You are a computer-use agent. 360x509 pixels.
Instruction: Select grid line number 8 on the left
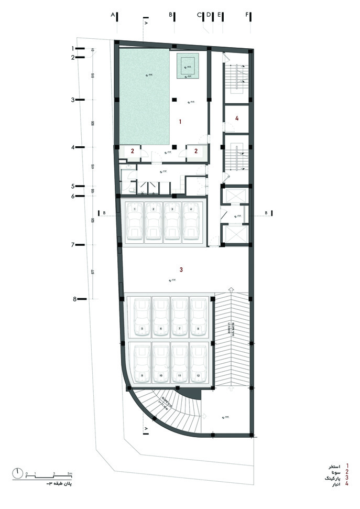click(75, 299)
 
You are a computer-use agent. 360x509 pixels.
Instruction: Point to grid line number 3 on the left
click(74, 99)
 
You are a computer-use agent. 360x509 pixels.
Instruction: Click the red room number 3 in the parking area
click(181, 270)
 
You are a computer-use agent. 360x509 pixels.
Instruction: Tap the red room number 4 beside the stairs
click(237, 119)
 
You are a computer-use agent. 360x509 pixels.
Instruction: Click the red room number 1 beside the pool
click(180, 122)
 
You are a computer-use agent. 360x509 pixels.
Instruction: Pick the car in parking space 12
click(198, 365)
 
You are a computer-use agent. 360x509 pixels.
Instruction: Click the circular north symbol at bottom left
click(19, 473)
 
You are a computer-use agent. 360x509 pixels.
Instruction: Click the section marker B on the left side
click(104, 213)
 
